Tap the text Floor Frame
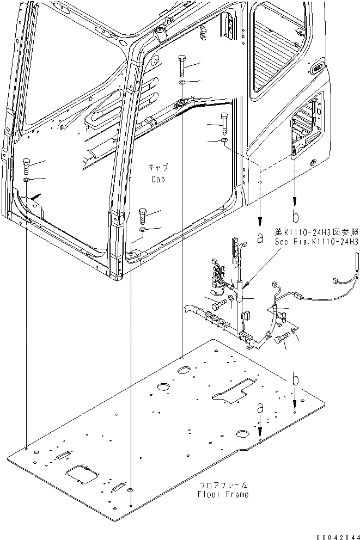point(223,494)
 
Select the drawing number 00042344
point(330,534)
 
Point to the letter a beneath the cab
point(261,237)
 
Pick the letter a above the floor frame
point(261,407)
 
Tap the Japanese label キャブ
point(157,167)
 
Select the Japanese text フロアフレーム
point(223,484)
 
